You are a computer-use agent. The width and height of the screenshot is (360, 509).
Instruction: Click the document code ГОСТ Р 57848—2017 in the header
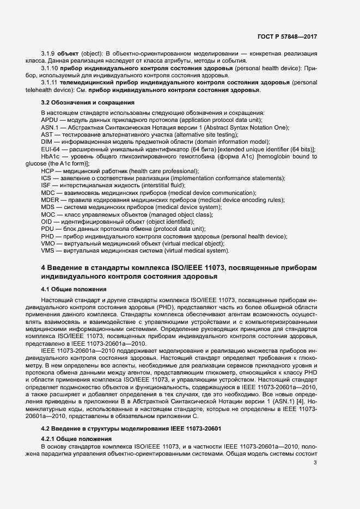tap(287, 37)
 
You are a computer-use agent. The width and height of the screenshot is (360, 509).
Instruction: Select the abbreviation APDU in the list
tap(50, 120)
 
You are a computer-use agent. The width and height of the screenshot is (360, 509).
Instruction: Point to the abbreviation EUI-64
tap(50, 149)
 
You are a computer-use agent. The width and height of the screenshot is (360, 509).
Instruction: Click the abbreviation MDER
tap(51, 200)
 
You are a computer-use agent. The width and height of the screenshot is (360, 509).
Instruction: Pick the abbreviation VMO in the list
tap(49, 243)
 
